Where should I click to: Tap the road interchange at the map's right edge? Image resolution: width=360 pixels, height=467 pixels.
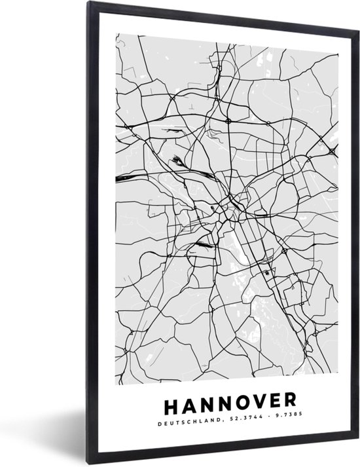332,152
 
